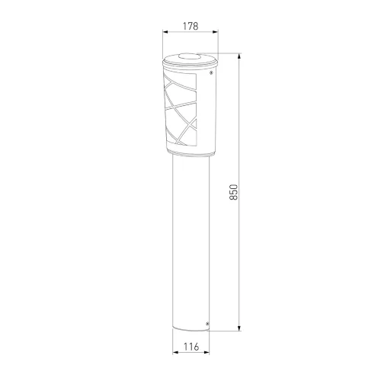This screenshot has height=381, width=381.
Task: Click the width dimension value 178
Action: coord(190,26)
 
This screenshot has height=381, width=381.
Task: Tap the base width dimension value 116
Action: coord(190,347)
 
